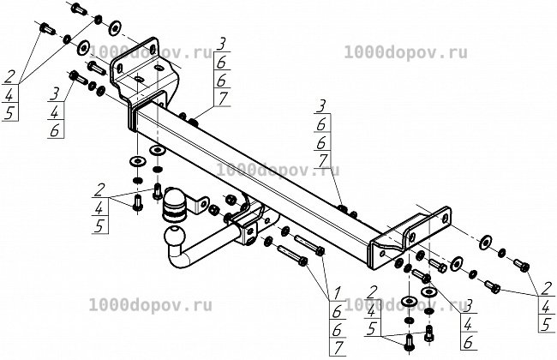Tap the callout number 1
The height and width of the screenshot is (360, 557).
pos(336,292)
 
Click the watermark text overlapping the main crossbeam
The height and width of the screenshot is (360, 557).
pos(278,171)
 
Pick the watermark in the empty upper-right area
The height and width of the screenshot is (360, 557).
pos(405,53)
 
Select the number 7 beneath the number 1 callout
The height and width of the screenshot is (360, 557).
pos(337,347)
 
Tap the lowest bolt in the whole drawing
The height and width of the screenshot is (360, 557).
pos(409,343)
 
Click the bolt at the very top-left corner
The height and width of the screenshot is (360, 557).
pos(79,8)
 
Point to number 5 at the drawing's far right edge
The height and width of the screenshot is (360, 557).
pos(547,325)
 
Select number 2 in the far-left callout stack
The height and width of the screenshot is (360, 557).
pos(9,76)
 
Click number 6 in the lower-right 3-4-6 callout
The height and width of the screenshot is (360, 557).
pos(469,343)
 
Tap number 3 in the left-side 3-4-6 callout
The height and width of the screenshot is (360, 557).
pos(55,94)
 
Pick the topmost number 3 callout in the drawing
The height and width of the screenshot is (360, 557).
pos(220,45)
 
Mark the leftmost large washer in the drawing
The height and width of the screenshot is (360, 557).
pos(83,48)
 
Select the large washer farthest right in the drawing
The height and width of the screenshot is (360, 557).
pos(485,242)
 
